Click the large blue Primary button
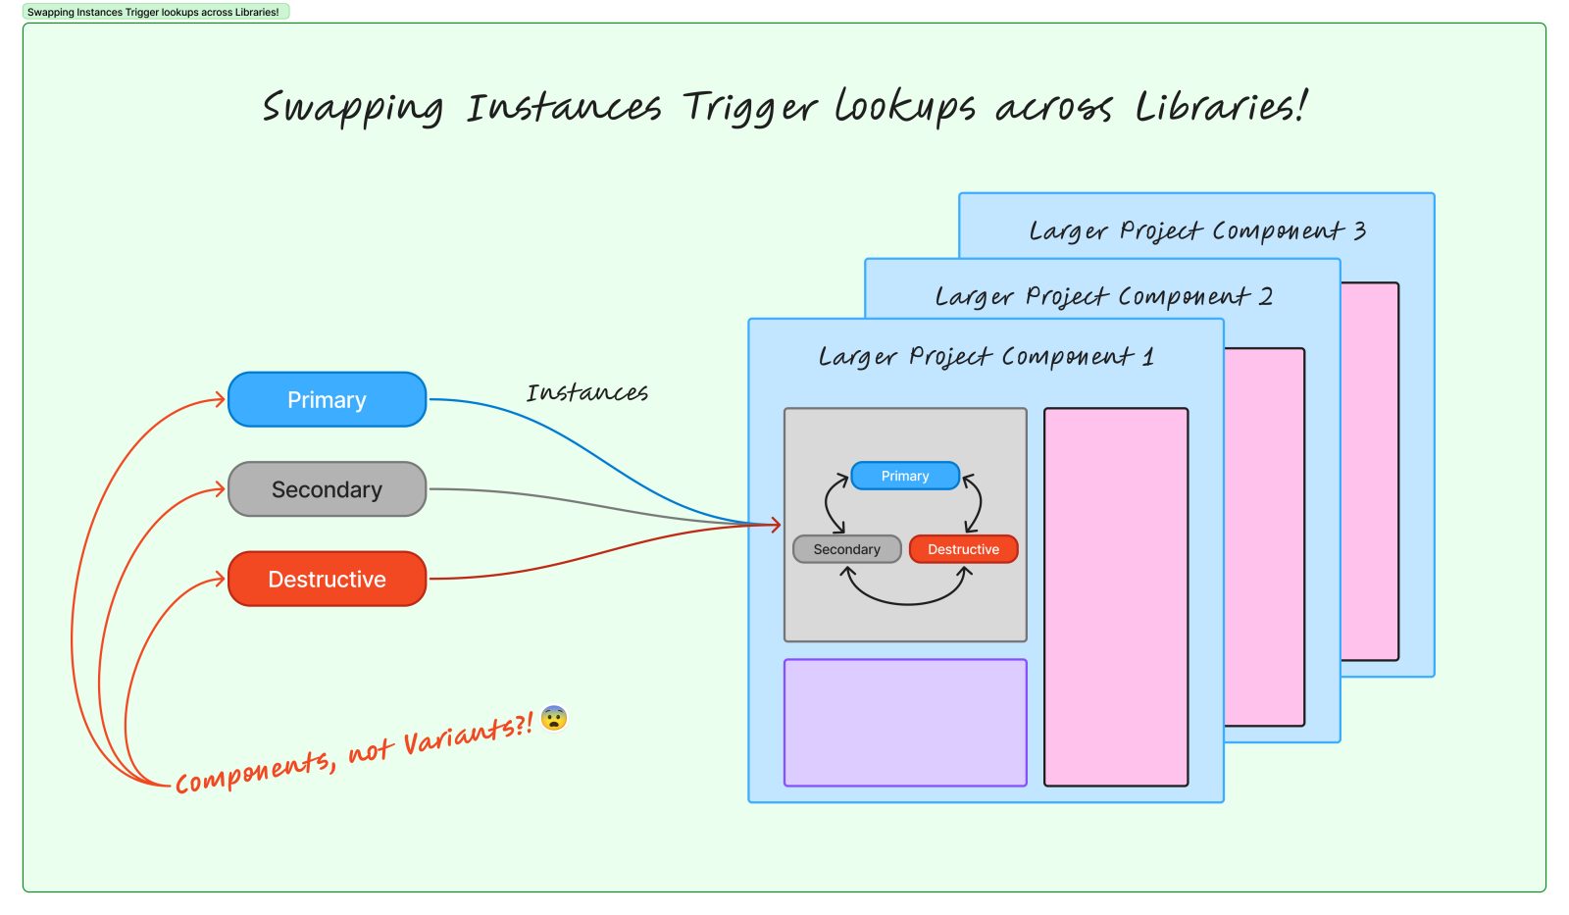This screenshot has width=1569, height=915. tap(327, 400)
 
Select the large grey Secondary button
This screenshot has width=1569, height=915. tap(327, 489)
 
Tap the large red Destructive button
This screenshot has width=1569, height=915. tap(327, 580)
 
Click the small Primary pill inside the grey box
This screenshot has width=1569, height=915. tap(904, 476)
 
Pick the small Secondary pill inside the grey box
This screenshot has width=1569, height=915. tap(846, 549)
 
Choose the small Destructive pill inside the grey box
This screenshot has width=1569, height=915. tap(963, 549)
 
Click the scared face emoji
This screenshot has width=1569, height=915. tap(554, 719)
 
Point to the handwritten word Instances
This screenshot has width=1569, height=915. tap(586, 393)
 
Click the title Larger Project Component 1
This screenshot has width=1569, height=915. tap(986, 356)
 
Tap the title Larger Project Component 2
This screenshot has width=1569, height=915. tap(1103, 296)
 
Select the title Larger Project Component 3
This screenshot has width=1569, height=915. tap(1196, 231)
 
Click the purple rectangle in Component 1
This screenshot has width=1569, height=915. tap(905, 723)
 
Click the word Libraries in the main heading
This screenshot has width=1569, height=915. tap(1220, 106)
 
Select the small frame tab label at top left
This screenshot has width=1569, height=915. tap(154, 12)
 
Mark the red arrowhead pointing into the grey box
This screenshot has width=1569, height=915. tap(776, 525)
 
